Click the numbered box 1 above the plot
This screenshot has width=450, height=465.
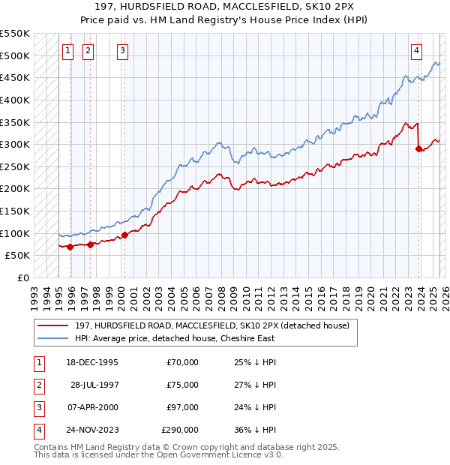coord(67,51)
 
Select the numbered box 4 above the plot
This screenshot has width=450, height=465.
coord(416,51)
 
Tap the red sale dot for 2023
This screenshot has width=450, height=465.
coord(418,148)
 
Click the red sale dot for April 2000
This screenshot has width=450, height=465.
coord(124,234)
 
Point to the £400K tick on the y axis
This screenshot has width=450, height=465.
coord(14,100)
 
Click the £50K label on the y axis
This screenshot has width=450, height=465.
coord(17,256)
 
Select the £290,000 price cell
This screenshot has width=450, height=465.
coord(180,430)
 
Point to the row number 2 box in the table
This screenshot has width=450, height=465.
coord(37,385)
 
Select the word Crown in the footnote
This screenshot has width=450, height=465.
coord(172,447)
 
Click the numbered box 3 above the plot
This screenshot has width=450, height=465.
coord(122,51)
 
